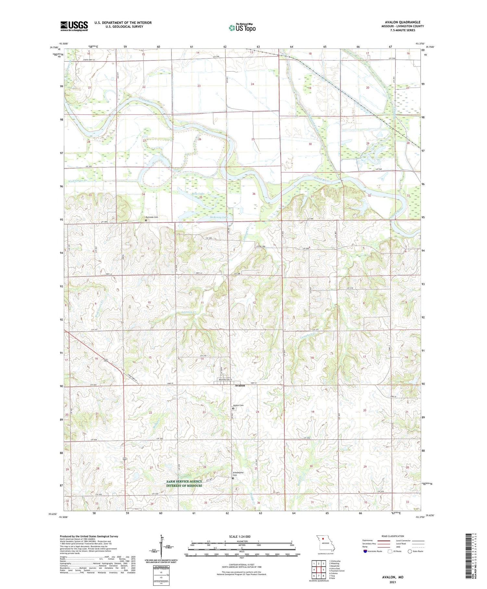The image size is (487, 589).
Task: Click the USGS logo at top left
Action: point(74,26)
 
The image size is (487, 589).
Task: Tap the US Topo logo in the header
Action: point(242,28)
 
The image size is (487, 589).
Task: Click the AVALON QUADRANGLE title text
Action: point(403,22)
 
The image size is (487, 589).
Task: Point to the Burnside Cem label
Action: point(152,217)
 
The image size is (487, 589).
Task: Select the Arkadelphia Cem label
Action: point(238,474)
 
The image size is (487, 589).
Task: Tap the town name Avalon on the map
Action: point(240,385)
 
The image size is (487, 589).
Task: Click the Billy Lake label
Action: point(198,194)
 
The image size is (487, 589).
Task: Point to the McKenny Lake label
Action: point(219,217)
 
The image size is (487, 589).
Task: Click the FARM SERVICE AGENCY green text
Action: point(184,481)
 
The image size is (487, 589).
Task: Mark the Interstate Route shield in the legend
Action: point(365,551)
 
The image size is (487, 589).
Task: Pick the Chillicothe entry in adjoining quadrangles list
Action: point(335,561)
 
